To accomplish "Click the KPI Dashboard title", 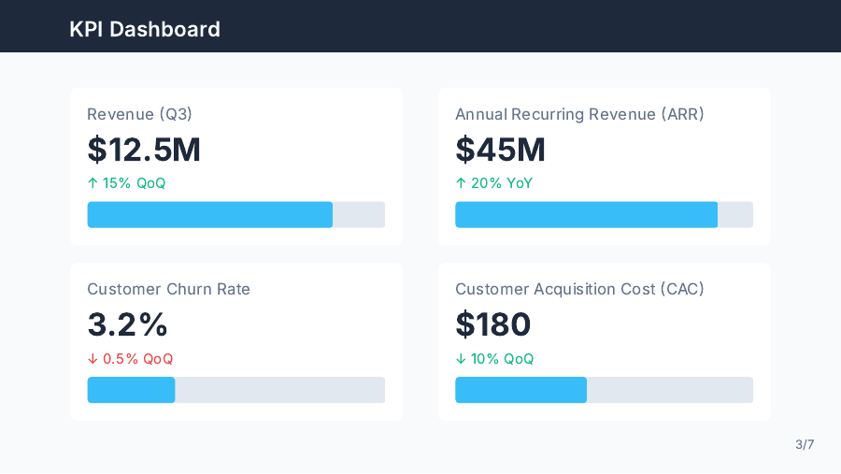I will coord(145,29).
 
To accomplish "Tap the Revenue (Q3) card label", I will coord(139,114).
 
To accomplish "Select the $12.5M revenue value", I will coord(144,150).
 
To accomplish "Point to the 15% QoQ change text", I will coord(133,183).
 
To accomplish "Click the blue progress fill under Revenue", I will coord(209,214).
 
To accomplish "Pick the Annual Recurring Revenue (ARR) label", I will coord(579,114).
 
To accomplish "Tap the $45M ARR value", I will coord(500,150).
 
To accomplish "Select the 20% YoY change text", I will coord(501,183).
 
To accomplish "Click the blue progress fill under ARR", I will coord(586,214).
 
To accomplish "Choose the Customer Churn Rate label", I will coord(168,289).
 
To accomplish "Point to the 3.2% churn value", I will coord(127,324).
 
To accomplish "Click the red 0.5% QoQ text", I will coord(137,359).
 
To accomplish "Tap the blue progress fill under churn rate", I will coord(131,390).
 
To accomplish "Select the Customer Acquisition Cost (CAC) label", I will coord(579,289).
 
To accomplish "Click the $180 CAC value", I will coord(492,324).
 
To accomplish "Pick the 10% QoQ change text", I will coord(502,359).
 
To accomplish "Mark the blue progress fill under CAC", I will coord(520,390).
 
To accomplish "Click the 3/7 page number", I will coord(805,444).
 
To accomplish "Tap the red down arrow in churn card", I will coord(93,359).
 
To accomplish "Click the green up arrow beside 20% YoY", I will coord(461,183).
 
